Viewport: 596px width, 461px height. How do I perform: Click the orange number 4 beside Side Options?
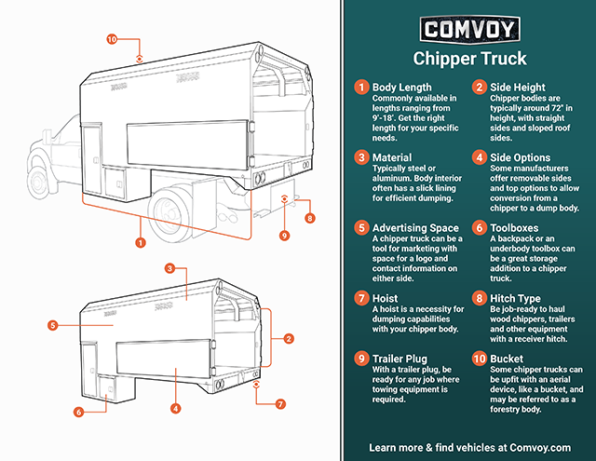tap(479, 158)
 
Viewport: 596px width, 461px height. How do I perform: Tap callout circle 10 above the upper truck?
tap(112, 40)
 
